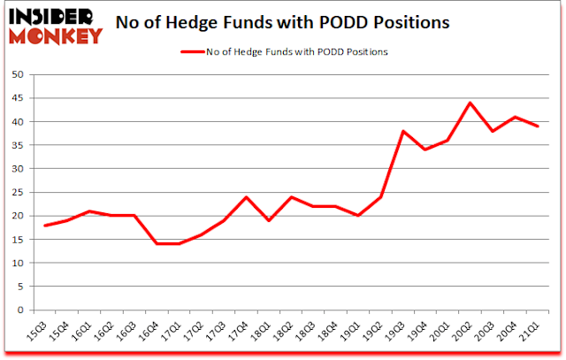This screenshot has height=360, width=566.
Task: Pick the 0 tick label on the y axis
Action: pyautogui.click(x=19, y=310)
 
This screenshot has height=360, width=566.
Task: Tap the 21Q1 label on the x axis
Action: pyautogui.click(x=532, y=329)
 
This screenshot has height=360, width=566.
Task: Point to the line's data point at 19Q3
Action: pyautogui.click(x=404, y=131)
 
